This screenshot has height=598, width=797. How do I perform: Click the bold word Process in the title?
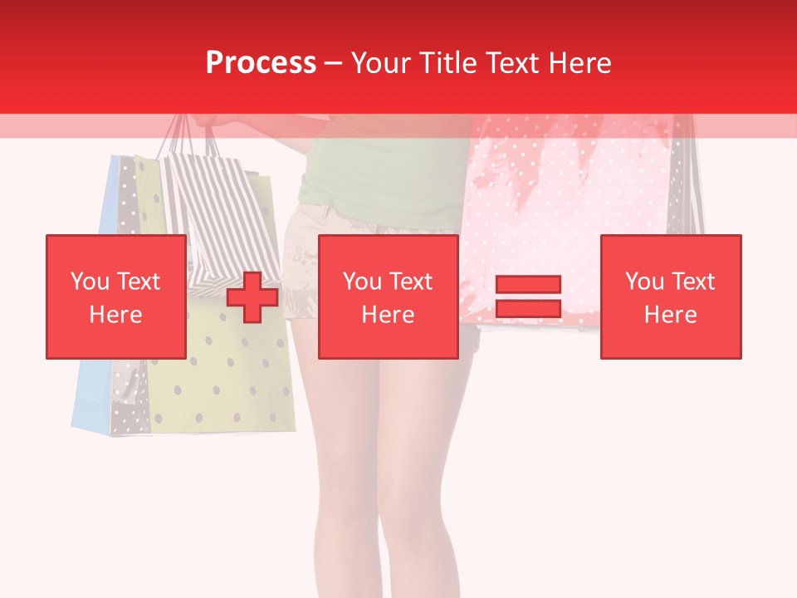click(x=261, y=63)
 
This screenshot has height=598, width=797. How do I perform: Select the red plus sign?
click(x=252, y=297)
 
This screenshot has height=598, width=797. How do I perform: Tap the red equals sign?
click(x=528, y=297)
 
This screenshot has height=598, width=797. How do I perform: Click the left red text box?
click(x=115, y=297)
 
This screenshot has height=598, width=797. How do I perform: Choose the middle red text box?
click(x=388, y=297)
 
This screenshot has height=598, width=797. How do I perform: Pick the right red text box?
click(x=670, y=297)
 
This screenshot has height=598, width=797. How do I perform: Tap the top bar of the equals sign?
click(x=528, y=285)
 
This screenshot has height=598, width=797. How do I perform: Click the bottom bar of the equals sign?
click(x=528, y=309)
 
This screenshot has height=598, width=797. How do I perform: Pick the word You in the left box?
click(x=90, y=282)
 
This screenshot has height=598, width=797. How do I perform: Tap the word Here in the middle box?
click(x=388, y=315)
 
